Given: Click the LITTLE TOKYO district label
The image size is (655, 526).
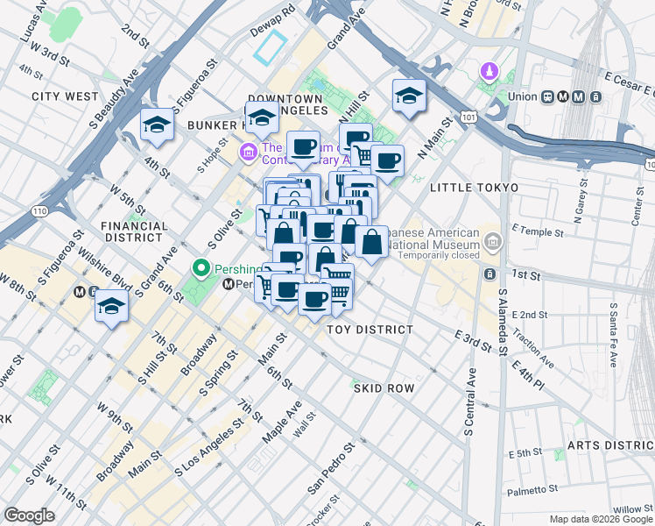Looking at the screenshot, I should click(x=474, y=188).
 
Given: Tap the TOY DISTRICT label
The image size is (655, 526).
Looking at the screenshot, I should click(x=369, y=330).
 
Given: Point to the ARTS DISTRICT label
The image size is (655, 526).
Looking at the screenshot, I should click(x=609, y=445).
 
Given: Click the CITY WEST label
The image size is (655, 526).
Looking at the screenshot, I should click(x=65, y=96).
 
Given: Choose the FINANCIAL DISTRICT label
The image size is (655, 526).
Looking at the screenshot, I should click(x=134, y=231).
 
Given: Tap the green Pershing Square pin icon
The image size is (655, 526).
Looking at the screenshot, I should click(x=201, y=267).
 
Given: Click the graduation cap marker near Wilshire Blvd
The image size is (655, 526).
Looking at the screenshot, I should click(x=112, y=306).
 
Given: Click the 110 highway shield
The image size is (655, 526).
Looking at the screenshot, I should click(x=39, y=210).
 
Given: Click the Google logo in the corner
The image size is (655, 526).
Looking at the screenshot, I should click(x=29, y=515).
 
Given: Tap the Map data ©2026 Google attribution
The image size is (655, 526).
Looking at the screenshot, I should click(x=600, y=519).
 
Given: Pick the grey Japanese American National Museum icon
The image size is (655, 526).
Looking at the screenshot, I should click(x=494, y=239).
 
